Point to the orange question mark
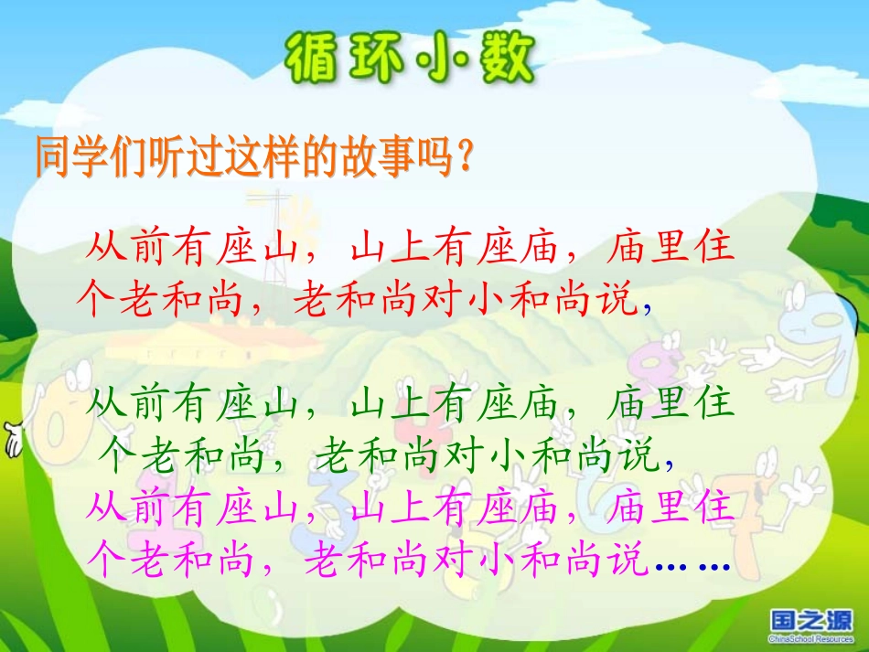[x=464, y=158]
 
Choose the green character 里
[x=671, y=402]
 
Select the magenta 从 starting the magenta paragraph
[x=106, y=506]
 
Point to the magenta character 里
[x=671, y=506]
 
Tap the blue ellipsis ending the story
[x=692, y=565]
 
